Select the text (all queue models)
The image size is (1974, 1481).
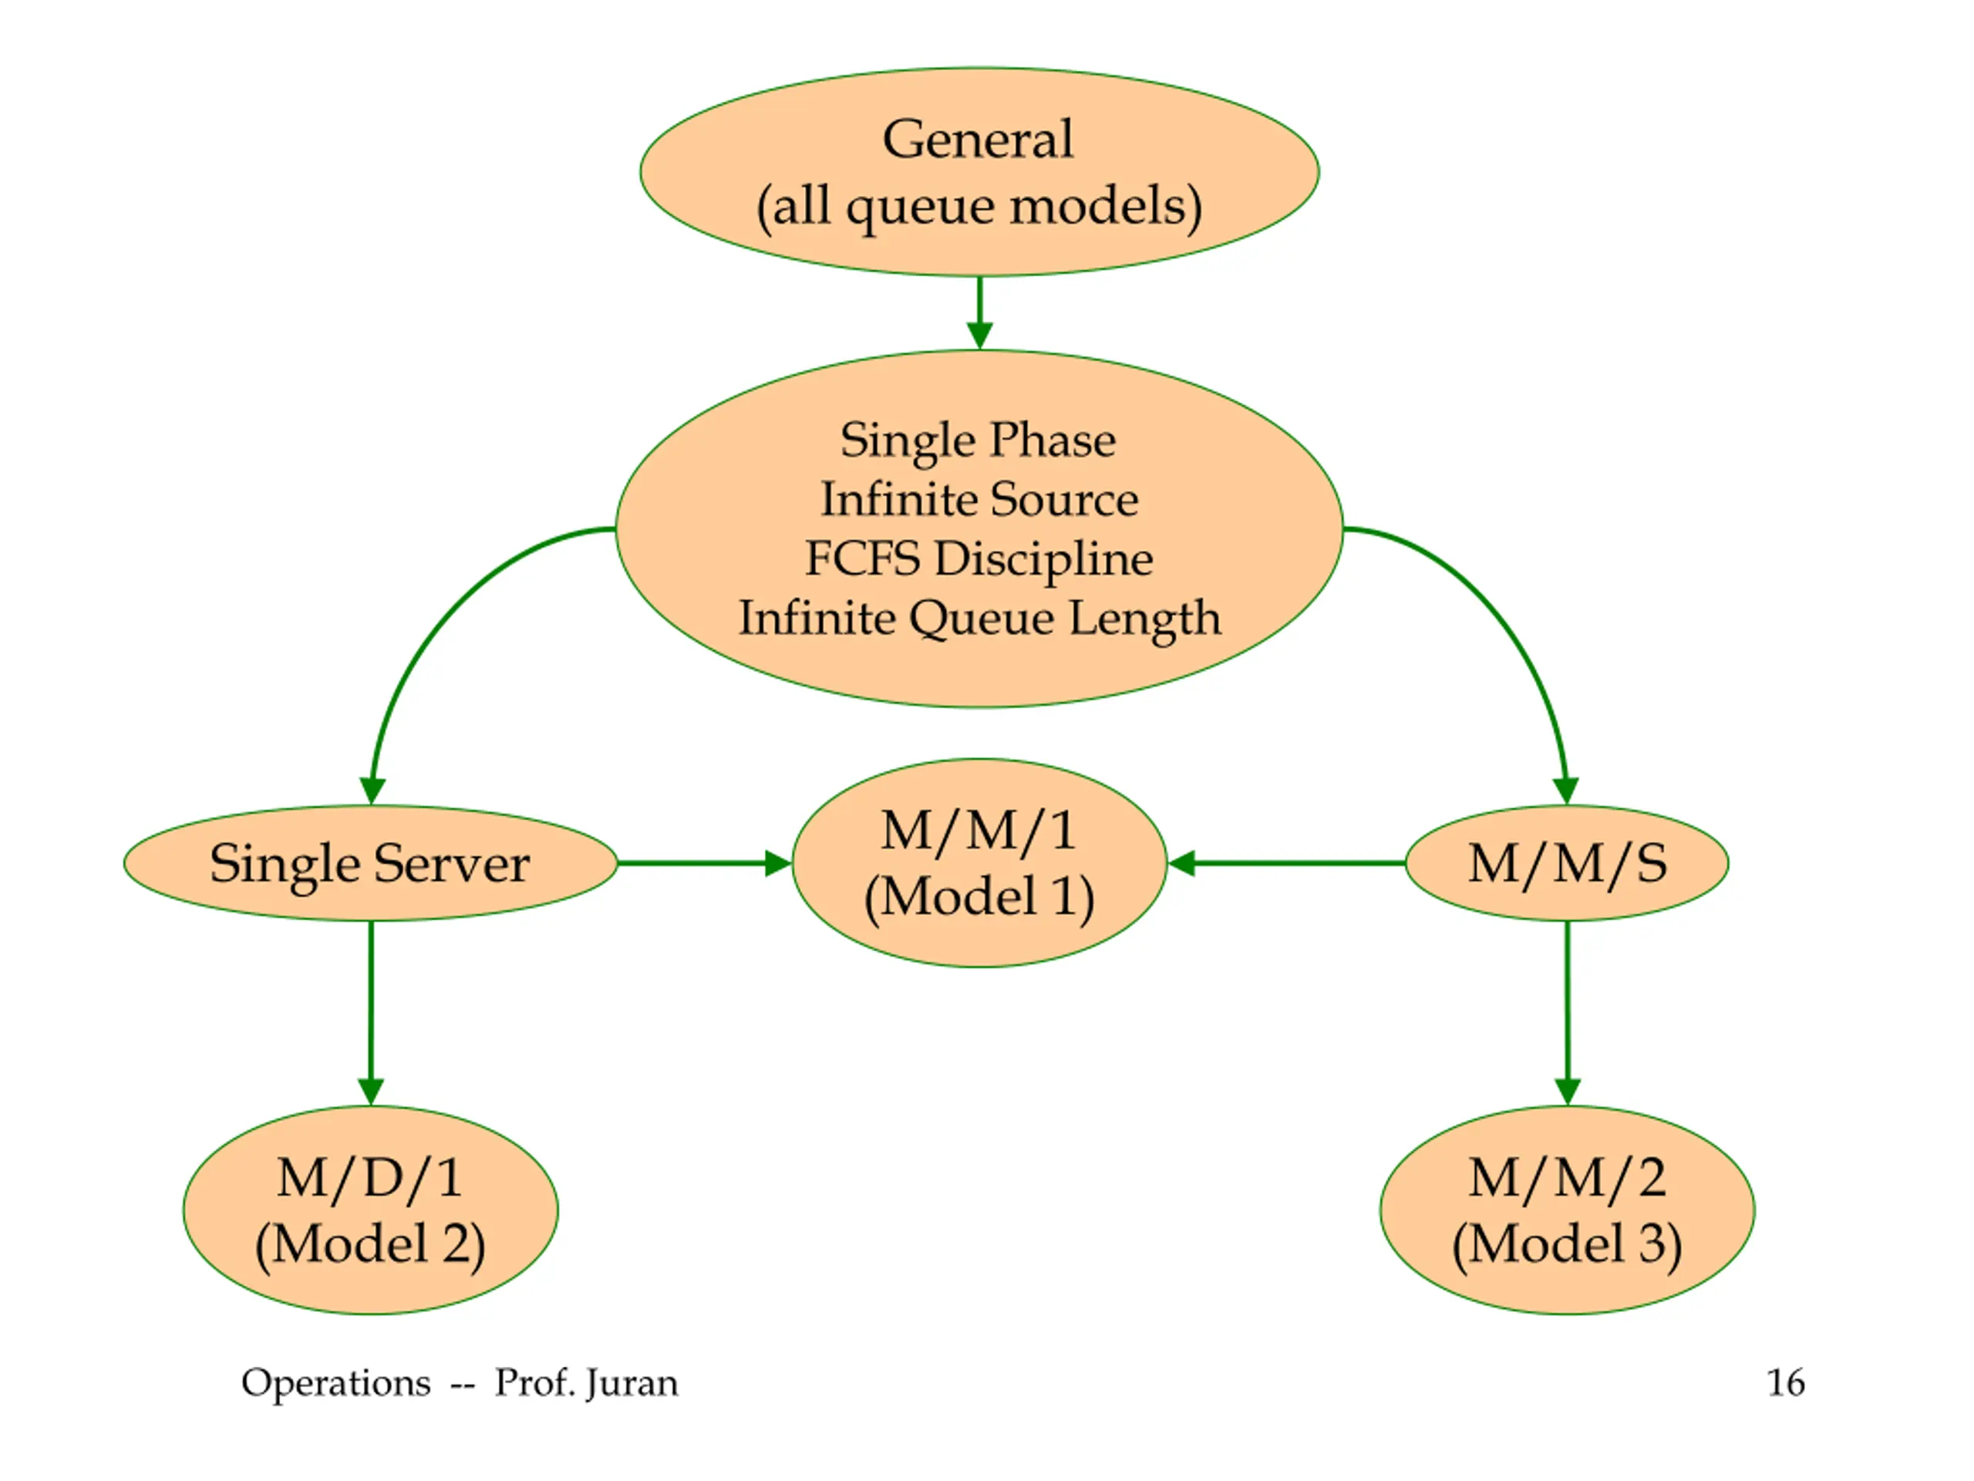(x=979, y=207)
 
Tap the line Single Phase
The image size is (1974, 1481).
(x=978, y=441)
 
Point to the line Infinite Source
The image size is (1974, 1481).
(x=979, y=499)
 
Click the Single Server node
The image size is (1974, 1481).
(x=370, y=863)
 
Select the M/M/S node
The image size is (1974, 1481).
(x=1567, y=863)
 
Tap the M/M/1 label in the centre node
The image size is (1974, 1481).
(x=979, y=831)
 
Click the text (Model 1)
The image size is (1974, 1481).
(x=979, y=897)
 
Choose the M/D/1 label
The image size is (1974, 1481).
(x=369, y=1179)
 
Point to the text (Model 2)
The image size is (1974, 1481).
(x=370, y=1244)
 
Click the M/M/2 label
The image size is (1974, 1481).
(x=1567, y=1179)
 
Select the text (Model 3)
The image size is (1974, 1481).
(x=1567, y=1244)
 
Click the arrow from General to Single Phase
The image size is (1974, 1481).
(x=980, y=312)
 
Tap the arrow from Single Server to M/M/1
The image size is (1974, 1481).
(x=705, y=863)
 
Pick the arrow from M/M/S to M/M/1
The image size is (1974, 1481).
(x=1287, y=863)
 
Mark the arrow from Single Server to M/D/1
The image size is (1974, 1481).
(x=370, y=1014)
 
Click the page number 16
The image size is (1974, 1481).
(x=1786, y=1383)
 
